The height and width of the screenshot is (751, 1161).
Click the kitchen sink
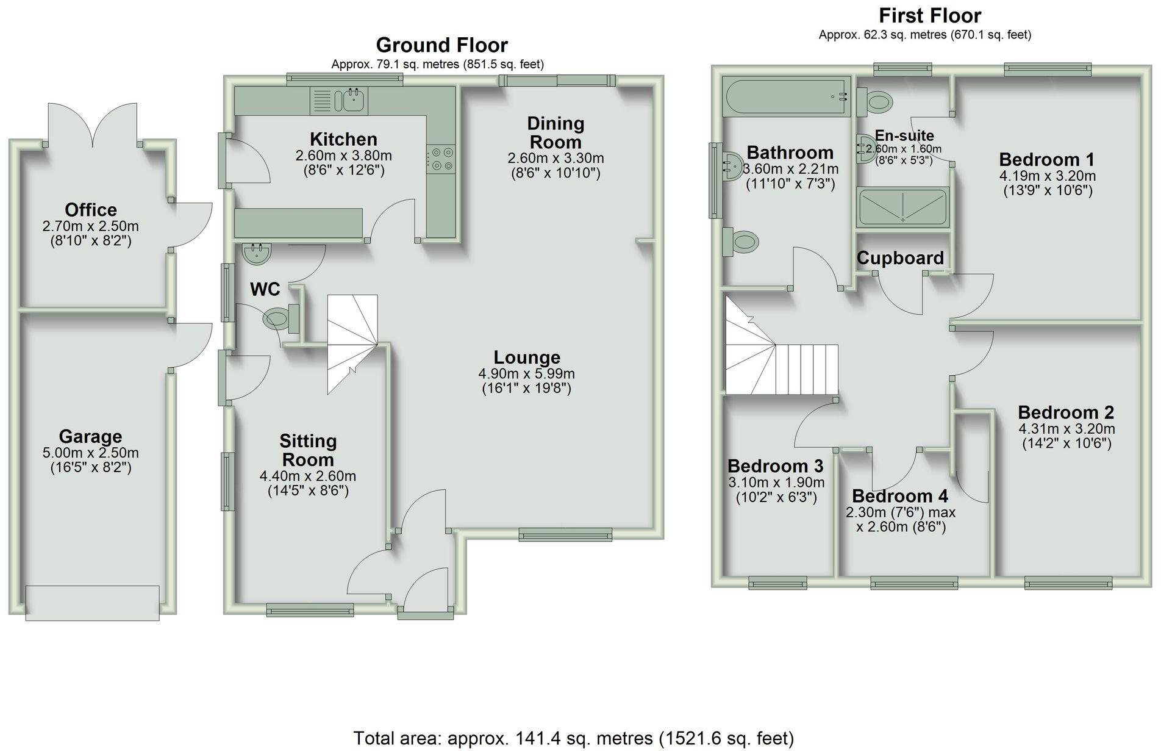pyautogui.click(x=352, y=100)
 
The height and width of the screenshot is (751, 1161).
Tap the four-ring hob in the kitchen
pyautogui.click(x=441, y=159)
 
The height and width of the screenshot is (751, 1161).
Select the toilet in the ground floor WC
pyautogui.click(x=277, y=318)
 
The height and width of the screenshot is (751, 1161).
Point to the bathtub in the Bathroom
pyautogui.click(x=786, y=96)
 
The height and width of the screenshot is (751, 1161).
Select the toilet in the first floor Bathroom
pyautogui.click(x=741, y=242)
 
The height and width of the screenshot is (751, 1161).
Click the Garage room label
pyautogui.click(x=90, y=436)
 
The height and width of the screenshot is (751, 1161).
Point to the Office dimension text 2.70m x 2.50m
pyautogui.click(x=90, y=226)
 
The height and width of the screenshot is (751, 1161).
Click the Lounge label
pyautogui.click(x=527, y=358)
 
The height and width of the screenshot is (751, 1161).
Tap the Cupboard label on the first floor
pyautogui.click(x=900, y=258)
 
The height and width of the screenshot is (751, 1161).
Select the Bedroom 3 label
pyautogui.click(x=775, y=466)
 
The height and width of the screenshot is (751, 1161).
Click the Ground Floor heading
pyautogui.click(x=441, y=45)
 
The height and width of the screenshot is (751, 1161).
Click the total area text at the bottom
pyautogui.click(x=573, y=738)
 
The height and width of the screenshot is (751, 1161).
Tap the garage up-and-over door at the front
pyautogui.click(x=92, y=603)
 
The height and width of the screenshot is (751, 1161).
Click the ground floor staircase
pyautogui.click(x=352, y=345)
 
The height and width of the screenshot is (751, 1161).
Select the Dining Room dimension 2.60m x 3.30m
pyautogui.click(x=555, y=159)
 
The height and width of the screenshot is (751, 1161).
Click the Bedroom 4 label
pyautogui.click(x=900, y=496)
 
